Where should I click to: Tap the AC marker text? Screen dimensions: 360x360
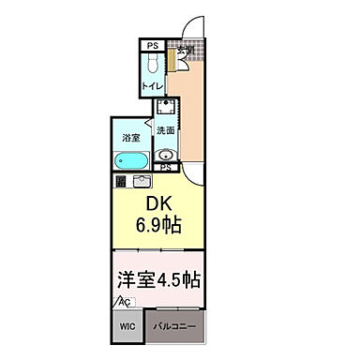point(125,303)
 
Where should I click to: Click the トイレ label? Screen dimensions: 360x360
point(149,85)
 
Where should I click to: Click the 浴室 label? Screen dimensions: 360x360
point(129,138)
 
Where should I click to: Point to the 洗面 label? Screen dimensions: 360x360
point(164,129)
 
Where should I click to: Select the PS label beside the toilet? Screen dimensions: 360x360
point(151,43)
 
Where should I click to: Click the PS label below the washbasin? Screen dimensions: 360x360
point(165,168)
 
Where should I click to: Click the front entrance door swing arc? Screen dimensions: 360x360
point(192,31)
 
